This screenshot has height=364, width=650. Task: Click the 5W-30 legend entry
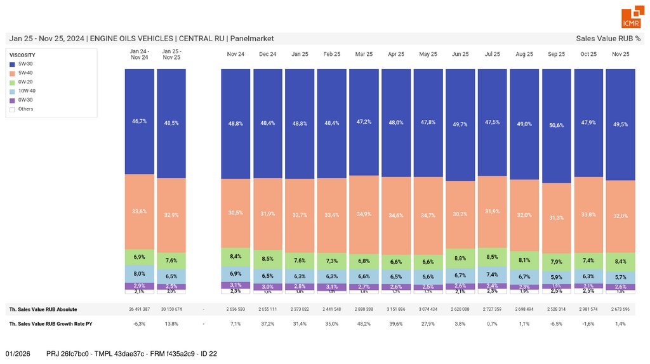tap(26, 64)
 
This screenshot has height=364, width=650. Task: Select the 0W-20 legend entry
tap(26, 82)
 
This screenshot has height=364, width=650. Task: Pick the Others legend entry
tap(26, 109)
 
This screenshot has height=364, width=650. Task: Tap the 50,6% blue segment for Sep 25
tap(557, 126)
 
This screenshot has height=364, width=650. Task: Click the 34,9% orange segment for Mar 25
tap(364, 214)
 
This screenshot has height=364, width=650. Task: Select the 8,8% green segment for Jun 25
tap(460, 258)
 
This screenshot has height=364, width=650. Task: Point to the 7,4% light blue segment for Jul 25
tap(493, 275)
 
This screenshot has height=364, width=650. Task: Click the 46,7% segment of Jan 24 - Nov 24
tap(139, 120)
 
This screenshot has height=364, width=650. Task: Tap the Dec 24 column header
tap(268, 55)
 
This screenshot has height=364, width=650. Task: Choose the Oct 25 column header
tap(588, 55)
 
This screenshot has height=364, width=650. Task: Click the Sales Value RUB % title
tap(608, 39)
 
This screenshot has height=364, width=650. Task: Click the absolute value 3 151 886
tap(396, 309)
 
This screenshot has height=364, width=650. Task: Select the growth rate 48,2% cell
tap(364, 323)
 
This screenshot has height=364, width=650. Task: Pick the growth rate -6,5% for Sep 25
tap(557, 323)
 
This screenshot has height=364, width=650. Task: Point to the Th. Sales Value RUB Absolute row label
tap(43, 309)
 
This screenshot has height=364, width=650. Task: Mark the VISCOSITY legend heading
tap(22, 55)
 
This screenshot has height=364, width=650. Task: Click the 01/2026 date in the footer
tap(18, 353)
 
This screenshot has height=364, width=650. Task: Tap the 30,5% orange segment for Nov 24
tap(235, 212)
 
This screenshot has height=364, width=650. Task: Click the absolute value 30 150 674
tap(171, 309)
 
